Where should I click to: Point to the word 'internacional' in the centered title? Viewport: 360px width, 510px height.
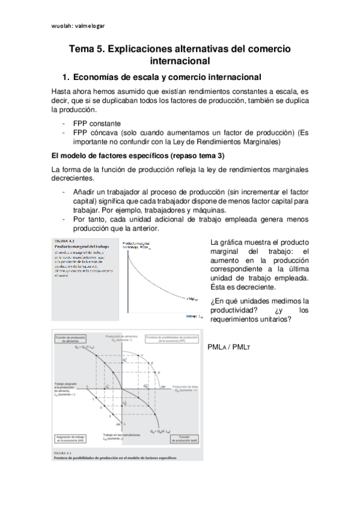(180, 61)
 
